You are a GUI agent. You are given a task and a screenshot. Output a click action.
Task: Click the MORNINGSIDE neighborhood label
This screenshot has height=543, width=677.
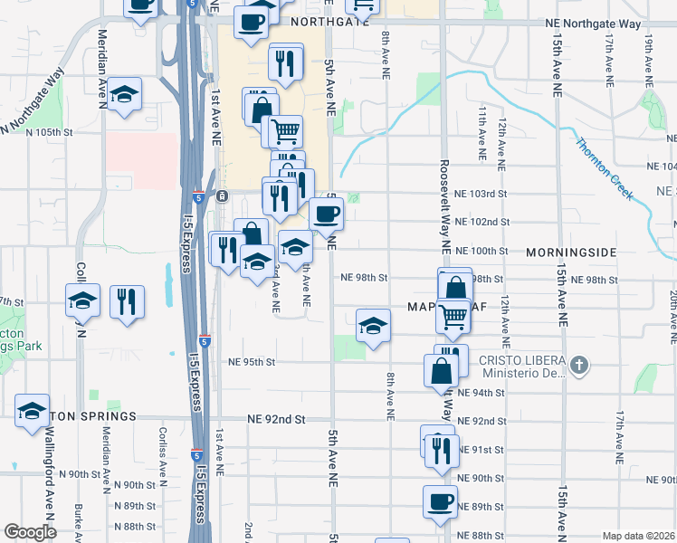(570, 252)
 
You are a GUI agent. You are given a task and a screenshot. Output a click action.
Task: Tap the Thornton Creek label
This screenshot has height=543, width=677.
(605, 167)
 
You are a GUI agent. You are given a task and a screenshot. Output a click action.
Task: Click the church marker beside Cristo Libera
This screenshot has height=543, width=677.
(580, 366)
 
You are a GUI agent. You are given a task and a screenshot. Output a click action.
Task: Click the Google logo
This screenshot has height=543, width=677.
(29, 532)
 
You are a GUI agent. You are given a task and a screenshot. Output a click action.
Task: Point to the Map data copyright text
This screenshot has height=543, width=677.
(638, 535)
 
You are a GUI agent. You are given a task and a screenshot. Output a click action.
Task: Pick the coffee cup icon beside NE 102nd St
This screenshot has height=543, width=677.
(327, 214)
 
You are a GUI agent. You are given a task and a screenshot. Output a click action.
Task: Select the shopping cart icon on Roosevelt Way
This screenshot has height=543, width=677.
(452, 316)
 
